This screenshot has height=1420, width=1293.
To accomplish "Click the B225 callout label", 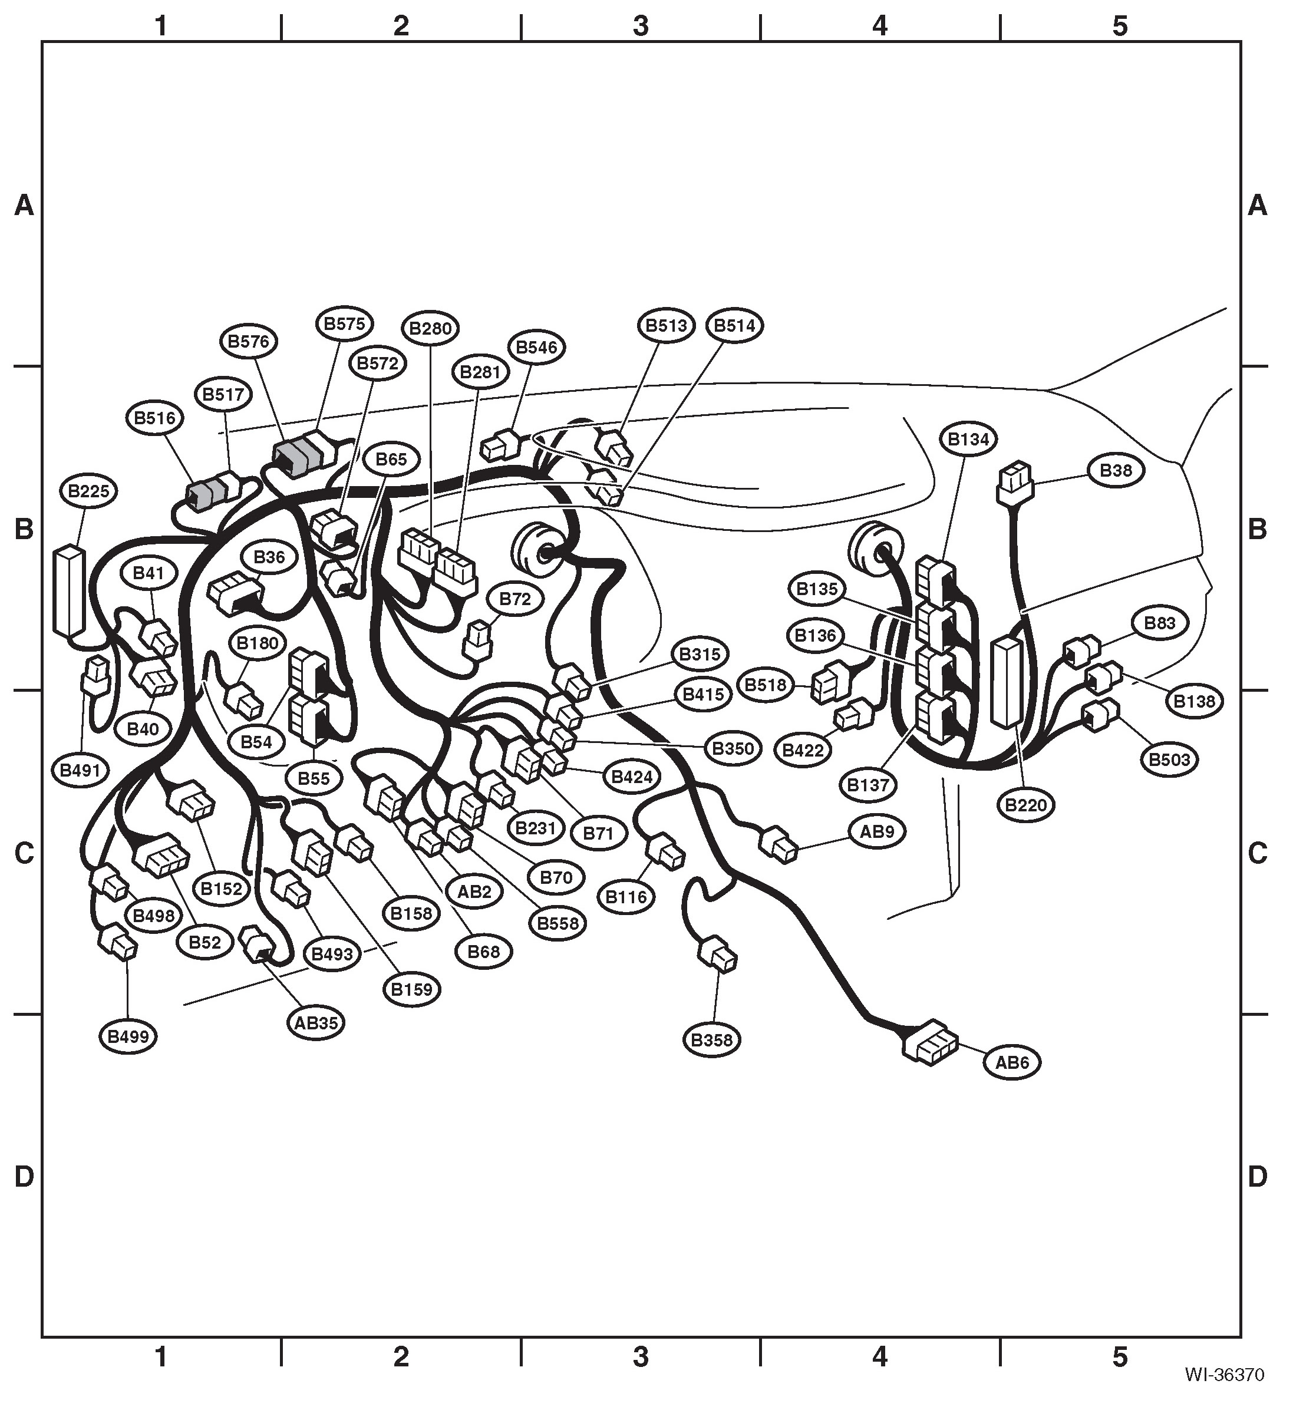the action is click(89, 491).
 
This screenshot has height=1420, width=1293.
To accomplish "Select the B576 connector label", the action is click(249, 342).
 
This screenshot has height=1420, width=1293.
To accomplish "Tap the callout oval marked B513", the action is click(667, 325).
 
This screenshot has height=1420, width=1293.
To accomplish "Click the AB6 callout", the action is click(1012, 1062).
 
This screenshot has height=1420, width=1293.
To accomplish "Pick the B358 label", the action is click(712, 1039).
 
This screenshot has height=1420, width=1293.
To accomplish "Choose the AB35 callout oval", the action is click(316, 1022).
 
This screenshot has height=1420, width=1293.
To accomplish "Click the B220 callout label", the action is click(1026, 804).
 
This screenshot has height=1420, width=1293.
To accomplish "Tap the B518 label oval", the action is click(766, 685).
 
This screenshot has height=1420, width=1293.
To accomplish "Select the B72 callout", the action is click(515, 599).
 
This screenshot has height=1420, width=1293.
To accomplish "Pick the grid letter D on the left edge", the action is click(24, 1177).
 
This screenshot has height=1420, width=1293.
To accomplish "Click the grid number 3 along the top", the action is click(641, 26).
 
